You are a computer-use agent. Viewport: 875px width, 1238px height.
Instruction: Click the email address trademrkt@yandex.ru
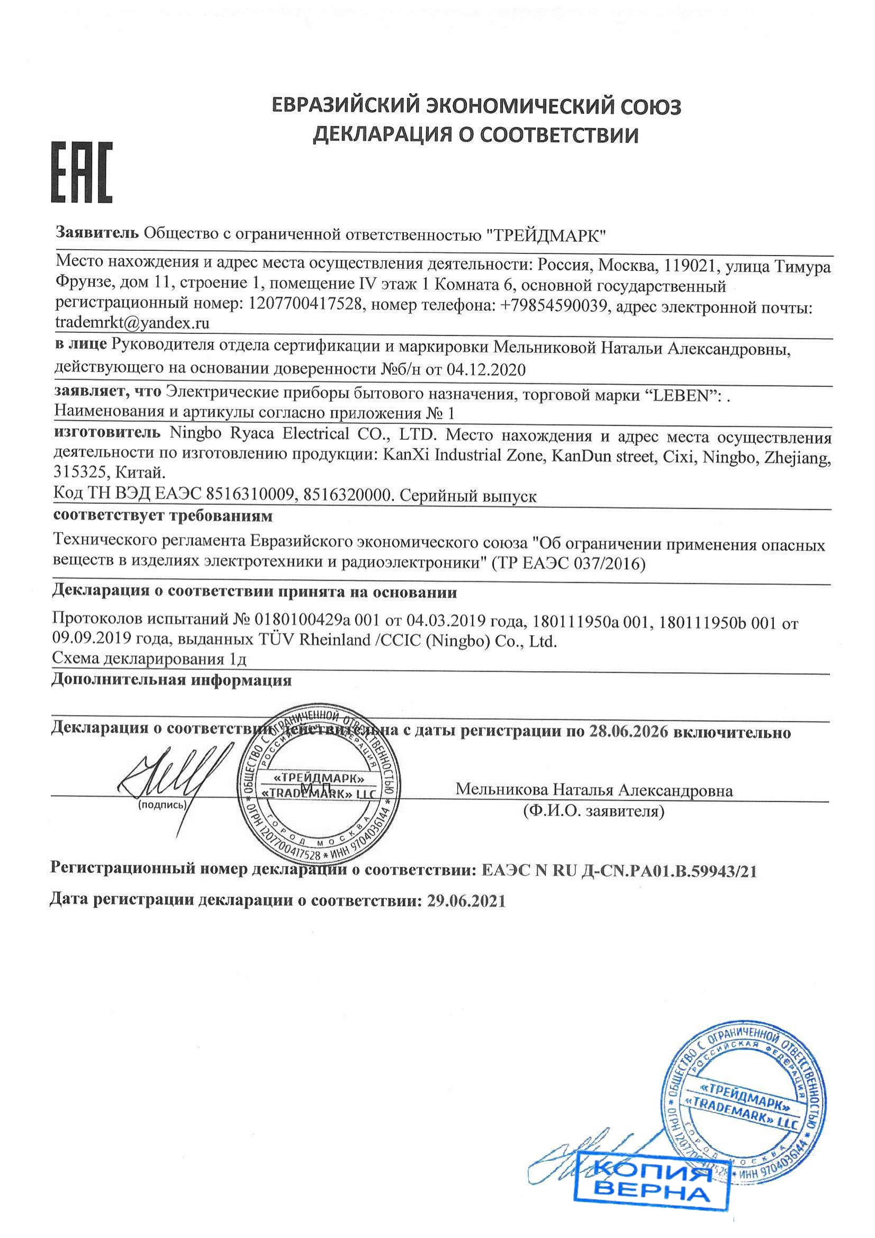pos(133,323)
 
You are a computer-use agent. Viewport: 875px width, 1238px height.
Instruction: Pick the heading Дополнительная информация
pos(172,681)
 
